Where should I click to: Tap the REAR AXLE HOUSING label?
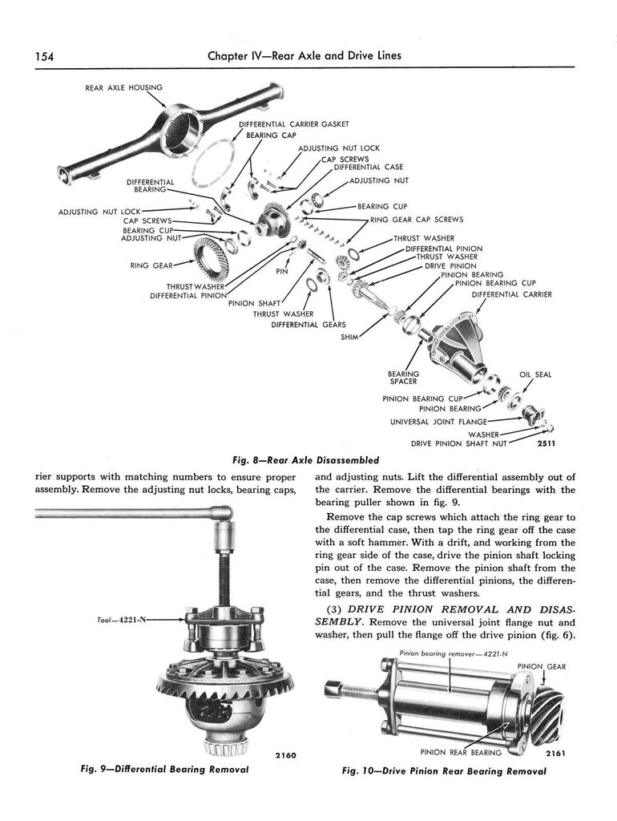[x=123, y=87]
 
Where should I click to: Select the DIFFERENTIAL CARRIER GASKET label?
[x=293, y=124]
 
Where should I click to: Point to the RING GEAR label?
[x=151, y=265]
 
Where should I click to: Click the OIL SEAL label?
[x=535, y=374]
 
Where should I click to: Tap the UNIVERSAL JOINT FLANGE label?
[x=438, y=420]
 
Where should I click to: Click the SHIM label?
[x=349, y=338]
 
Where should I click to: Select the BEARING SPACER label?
[x=403, y=378]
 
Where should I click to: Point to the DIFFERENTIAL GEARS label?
[x=308, y=325]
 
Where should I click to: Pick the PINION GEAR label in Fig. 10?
[x=541, y=666]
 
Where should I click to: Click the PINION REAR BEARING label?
[x=461, y=752]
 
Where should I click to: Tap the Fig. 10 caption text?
[x=444, y=771]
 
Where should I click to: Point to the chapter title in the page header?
[x=304, y=57]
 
